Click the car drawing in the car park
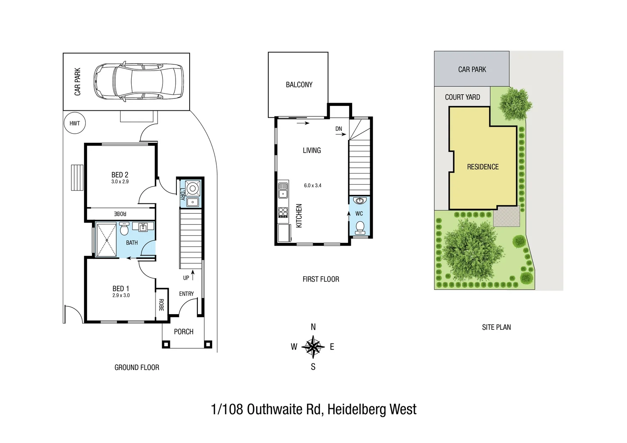[x=138, y=82]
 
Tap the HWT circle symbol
[x=75, y=123]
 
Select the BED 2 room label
[x=120, y=175]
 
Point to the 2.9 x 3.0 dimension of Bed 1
[x=121, y=295]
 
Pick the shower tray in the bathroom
[x=106, y=240]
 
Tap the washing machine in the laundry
[x=192, y=189]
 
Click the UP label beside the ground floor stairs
[x=186, y=278]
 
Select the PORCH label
[x=183, y=331]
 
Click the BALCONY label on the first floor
[x=299, y=84]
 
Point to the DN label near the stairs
[x=339, y=129]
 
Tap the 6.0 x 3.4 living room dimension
[x=313, y=185]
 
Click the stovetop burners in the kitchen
[x=283, y=212]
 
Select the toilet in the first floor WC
[x=360, y=226]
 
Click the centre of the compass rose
[x=313, y=347]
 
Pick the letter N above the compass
[x=313, y=327]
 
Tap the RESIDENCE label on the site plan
[x=483, y=167]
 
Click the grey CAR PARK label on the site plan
[x=472, y=69]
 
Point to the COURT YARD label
[x=462, y=97]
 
